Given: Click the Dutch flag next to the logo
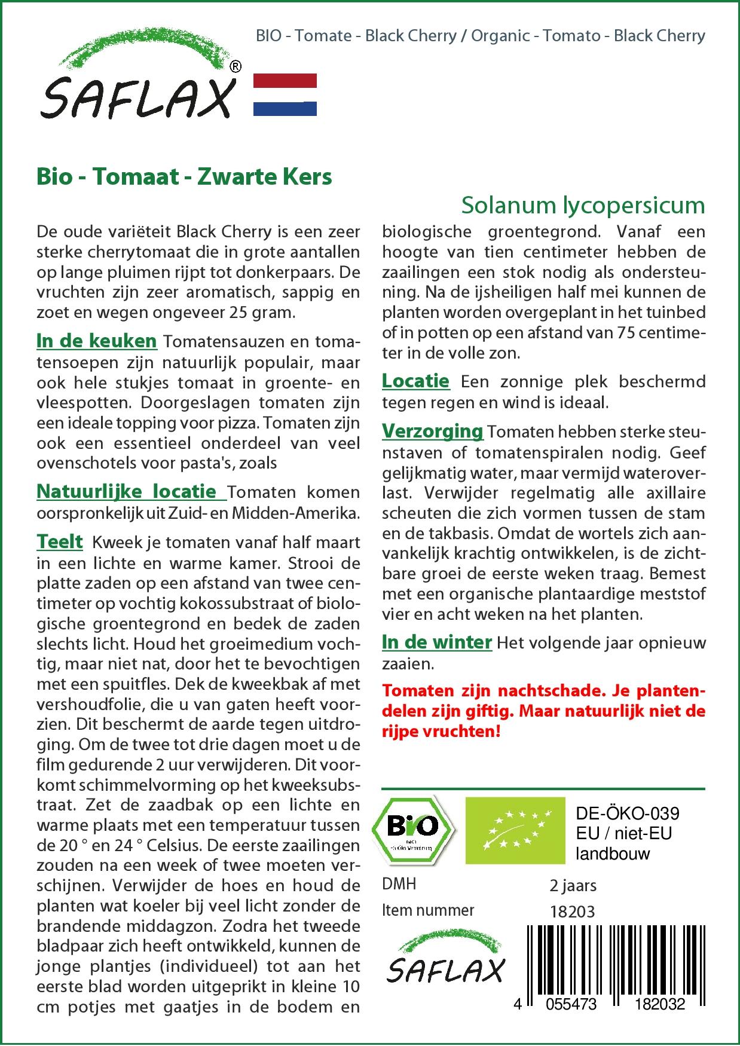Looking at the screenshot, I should [285, 94].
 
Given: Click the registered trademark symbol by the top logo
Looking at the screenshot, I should [236, 67].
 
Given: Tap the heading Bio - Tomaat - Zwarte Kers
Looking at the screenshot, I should [184, 177].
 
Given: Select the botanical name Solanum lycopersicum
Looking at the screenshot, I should [583, 205].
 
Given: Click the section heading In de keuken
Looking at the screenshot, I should [96, 341].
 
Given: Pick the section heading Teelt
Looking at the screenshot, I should [60, 542].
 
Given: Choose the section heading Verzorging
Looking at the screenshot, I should [432, 431].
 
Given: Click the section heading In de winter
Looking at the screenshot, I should [436, 642].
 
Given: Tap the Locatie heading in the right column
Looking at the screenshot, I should [415, 381].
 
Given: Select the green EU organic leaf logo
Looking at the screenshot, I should [515, 830].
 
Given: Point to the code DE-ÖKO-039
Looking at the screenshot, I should [627, 813].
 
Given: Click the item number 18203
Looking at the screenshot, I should [572, 911].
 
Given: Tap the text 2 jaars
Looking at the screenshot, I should [573, 885].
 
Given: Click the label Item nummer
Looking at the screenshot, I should [427, 910].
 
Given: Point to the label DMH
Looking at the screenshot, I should [399, 884].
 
